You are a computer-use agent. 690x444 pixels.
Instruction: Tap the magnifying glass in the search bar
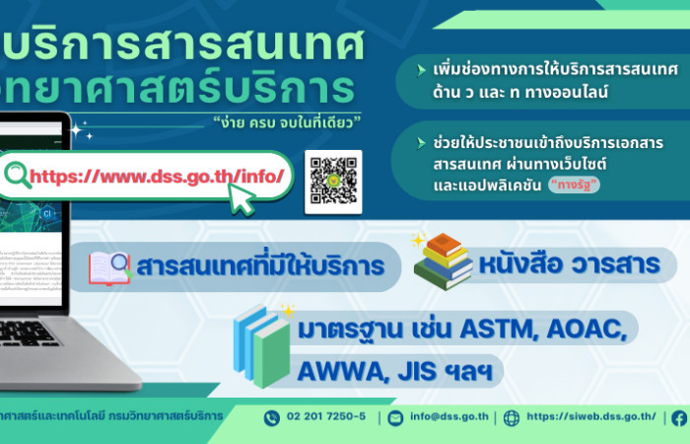point(18,176)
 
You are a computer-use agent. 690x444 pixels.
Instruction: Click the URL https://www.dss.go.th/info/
point(158,177)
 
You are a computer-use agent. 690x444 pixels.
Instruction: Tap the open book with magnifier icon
point(109,267)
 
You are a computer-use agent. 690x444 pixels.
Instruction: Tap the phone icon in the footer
point(272,417)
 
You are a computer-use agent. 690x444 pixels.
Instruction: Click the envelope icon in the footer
point(395,417)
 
